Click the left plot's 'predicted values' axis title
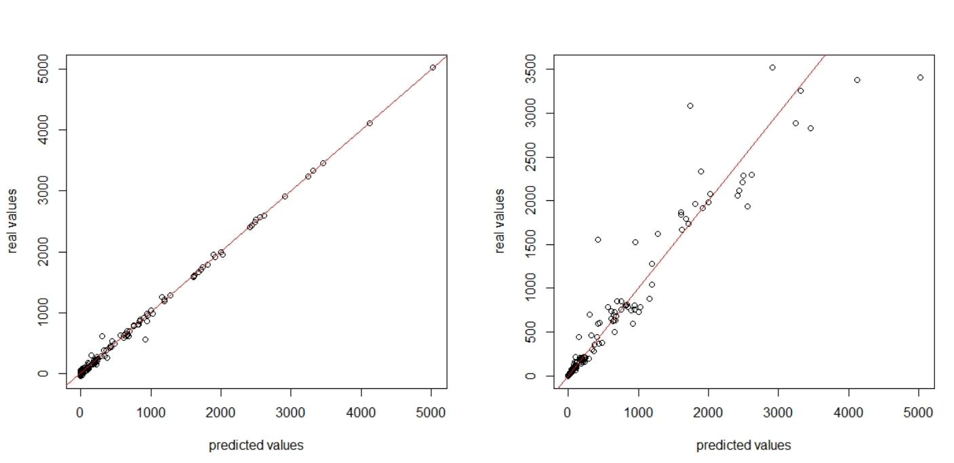click(x=256, y=445)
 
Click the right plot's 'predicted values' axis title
click(x=743, y=445)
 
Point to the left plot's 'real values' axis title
click(x=13, y=221)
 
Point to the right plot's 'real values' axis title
click(x=500, y=221)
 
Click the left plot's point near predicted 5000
click(x=433, y=67)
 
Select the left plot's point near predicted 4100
click(x=370, y=123)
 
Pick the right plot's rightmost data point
click(x=920, y=77)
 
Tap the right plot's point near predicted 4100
click(x=857, y=80)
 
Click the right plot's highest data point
click(x=772, y=67)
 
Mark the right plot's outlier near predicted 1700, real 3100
click(x=690, y=105)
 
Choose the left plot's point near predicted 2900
click(x=285, y=196)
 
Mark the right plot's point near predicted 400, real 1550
click(x=598, y=240)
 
